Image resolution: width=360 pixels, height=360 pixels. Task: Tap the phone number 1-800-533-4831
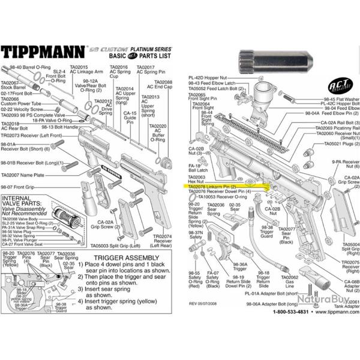(280, 344)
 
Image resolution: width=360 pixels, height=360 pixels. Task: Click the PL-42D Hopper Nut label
(206, 77)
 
